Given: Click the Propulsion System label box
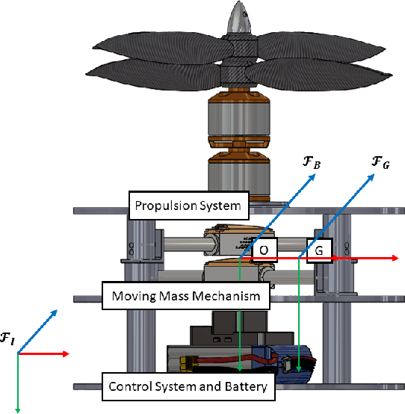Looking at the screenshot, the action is coord(189,206).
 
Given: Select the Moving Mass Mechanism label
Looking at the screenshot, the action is coord(186,295).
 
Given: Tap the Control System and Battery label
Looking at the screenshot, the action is coord(188,386).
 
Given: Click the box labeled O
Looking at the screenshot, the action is coord(264,250).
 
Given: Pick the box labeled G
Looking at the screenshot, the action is coord(319,250).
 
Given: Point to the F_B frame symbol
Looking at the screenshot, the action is coord(312,162).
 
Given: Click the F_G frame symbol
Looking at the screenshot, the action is coord(380,162).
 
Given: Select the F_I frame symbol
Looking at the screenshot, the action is coord(7,339).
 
